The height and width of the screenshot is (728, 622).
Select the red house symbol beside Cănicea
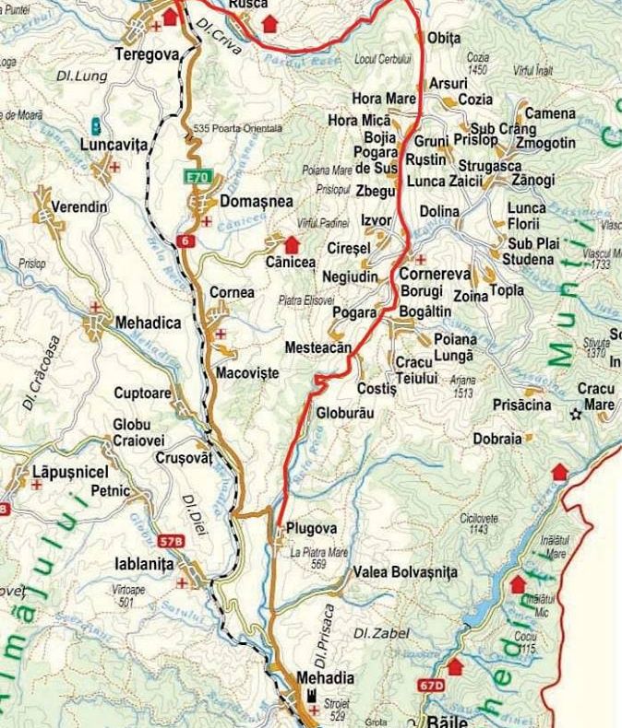pos(292,244)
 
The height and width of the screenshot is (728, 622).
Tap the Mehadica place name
pos(148,323)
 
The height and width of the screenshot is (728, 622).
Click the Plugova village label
pos(311,529)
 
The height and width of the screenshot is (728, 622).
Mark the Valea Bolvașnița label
pos(405,572)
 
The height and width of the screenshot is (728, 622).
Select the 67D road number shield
pos(430,685)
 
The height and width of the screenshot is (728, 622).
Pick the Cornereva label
pos(435,275)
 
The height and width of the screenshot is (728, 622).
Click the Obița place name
pos(444,38)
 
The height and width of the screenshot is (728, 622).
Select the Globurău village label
pos(344,413)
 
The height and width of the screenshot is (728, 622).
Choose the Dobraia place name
pos(497,439)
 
